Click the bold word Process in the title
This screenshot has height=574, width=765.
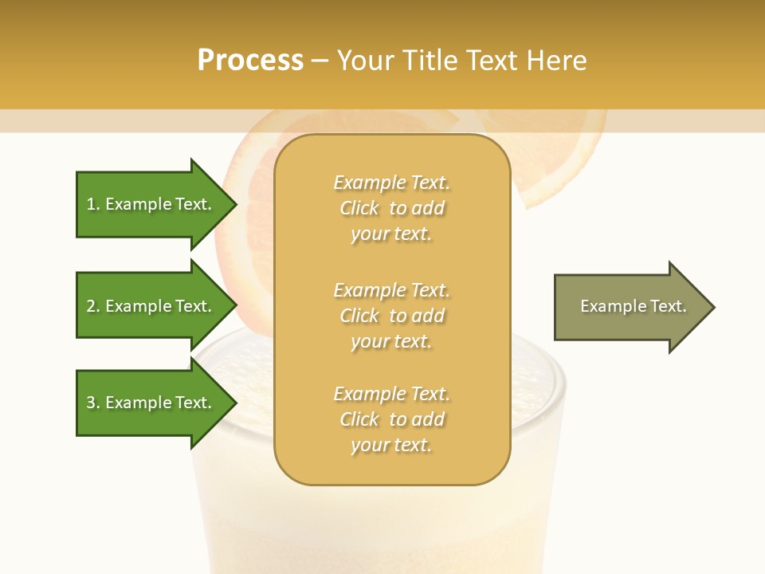(x=250, y=61)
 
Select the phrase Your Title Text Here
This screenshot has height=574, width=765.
(x=461, y=61)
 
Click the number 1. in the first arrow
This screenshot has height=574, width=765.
(x=93, y=204)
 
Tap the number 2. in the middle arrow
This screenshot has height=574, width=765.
(x=93, y=306)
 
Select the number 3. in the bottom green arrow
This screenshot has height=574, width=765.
(x=93, y=403)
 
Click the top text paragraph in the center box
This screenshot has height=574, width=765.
(x=392, y=208)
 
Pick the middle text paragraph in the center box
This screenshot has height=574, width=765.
(x=392, y=316)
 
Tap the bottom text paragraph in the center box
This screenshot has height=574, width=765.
(x=392, y=419)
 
